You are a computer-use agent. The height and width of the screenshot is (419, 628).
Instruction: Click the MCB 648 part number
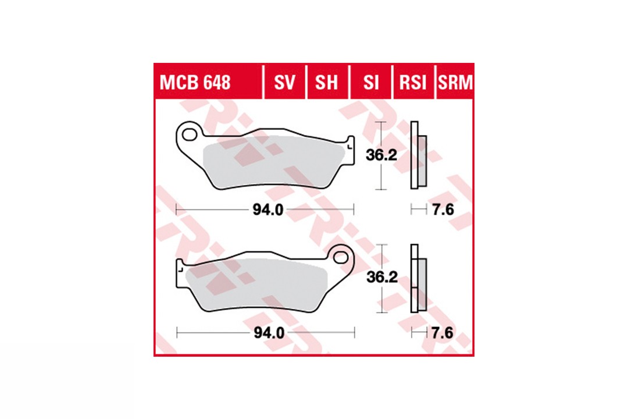tap(195, 83)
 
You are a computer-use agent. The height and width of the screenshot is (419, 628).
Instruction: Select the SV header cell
tap(284, 83)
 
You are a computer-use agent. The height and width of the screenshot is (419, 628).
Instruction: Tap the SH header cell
tap(326, 83)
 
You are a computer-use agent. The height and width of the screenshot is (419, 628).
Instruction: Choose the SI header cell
tap(371, 83)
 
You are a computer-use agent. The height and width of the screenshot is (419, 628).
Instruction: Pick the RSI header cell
tap(413, 83)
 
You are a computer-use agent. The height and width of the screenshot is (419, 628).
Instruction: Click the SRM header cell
tap(455, 83)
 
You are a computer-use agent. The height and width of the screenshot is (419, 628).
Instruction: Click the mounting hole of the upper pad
tap(189, 134)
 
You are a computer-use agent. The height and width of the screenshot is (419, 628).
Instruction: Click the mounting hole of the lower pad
tap(341, 257)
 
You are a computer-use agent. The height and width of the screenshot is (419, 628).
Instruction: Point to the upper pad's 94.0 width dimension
tap(268, 210)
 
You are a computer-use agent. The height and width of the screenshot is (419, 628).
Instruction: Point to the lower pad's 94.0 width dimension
tap(269, 333)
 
